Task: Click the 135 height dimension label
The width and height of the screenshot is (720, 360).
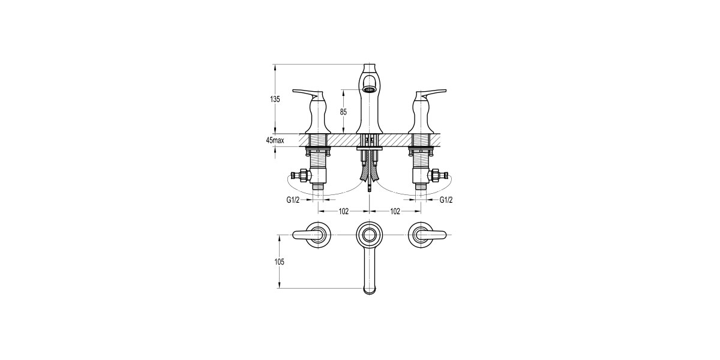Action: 275,100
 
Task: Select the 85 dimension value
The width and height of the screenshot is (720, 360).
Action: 343,112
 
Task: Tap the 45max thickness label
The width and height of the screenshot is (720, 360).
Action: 275,140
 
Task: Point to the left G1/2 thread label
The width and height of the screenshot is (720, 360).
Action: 293,200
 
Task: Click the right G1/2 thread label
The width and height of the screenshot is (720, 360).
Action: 446,200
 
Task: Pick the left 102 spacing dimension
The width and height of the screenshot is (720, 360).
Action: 344,211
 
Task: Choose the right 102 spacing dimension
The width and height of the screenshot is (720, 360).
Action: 395,211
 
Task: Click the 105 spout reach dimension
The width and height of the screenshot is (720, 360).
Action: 280,262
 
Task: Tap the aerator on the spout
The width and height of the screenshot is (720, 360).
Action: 369,89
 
